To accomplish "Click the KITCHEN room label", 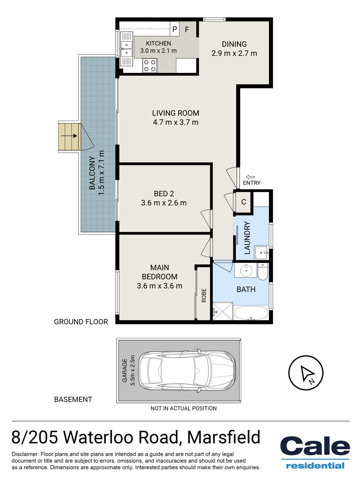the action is (158, 43).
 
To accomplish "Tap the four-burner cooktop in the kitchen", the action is (150, 66).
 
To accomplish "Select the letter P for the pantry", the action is (175, 29).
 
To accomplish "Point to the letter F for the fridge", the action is (187, 30).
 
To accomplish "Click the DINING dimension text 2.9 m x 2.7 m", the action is (234, 53).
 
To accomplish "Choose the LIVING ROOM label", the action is (176, 113).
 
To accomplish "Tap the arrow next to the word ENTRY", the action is (250, 177).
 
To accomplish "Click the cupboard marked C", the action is (243, 202).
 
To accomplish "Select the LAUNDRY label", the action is (247, 238).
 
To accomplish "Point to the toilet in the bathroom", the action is (262, 271).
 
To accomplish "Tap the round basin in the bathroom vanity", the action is (246, 270).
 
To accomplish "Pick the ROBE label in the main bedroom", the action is (204, 295).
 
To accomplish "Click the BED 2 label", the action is (164, 193).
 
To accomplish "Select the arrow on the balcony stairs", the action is (69, 136).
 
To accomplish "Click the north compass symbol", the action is (306, 373).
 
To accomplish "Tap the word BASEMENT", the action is (73, 399).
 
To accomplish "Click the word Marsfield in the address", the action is (224, 437).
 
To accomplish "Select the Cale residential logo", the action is (315, 452).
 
